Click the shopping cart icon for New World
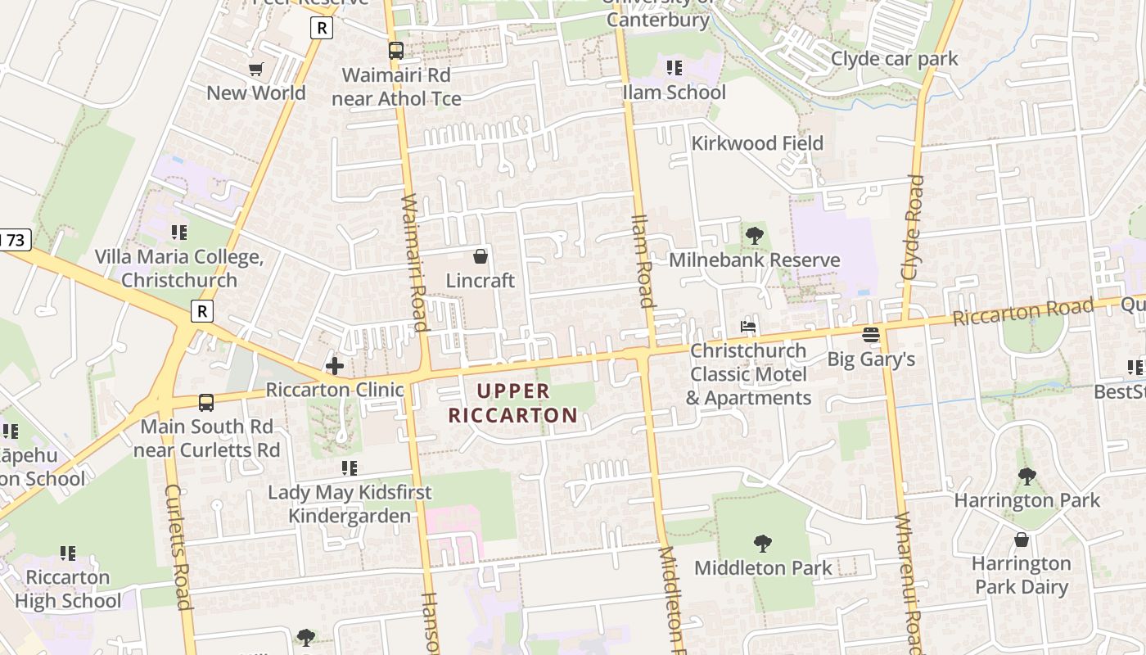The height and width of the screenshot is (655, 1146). point(256,69)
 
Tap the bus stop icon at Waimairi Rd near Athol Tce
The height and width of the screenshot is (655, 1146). point(396,51)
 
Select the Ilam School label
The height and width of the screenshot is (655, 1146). point(674,93)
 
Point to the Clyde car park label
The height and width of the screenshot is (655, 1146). point(894,59)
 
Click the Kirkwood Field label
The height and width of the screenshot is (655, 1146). point(757,143)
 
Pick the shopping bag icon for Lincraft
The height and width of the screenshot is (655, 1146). point(481,256)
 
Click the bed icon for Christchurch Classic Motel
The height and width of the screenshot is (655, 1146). point(748,327)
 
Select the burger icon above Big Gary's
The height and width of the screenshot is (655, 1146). point(871,335)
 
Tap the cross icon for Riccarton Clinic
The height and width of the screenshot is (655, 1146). point(335,365)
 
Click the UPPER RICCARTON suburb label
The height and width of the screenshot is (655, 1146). point(513,404)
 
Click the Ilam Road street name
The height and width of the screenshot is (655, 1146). point(643,260)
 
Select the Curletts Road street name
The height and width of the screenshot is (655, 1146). point(178,547)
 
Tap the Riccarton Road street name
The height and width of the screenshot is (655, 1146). point(1023,312)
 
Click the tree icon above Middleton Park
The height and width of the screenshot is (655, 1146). point(763,544)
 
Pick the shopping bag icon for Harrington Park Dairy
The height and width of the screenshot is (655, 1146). point(1022,540)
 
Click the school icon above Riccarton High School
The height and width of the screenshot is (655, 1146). point(68,553)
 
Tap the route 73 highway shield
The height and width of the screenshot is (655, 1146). point(14,240)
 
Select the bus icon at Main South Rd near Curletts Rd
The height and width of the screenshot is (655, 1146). point(206,403)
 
